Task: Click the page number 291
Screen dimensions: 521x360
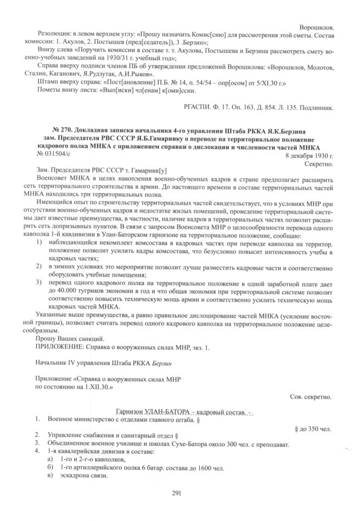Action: tap(176, 492)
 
